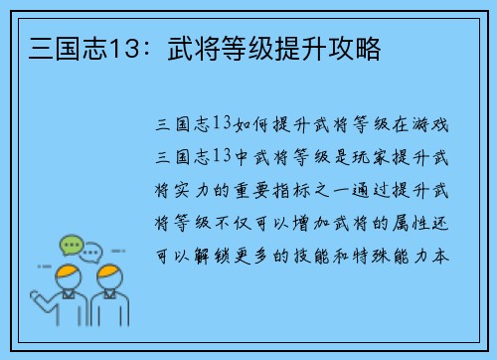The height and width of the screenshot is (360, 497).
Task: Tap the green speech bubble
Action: [71, 243]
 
